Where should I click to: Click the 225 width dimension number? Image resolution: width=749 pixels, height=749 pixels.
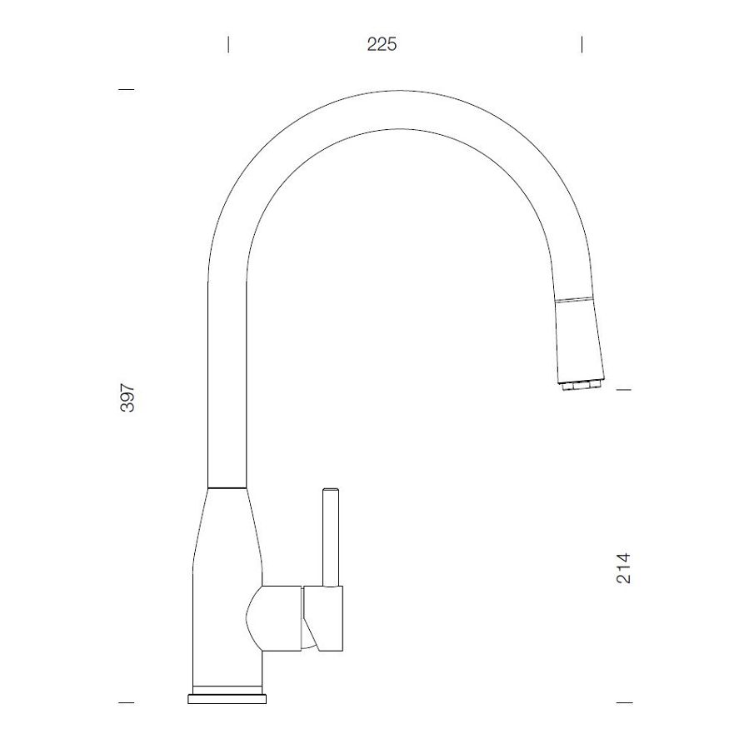pyautogui.click(x=382, y=44)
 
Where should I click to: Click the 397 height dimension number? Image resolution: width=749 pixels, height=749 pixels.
pyautogui.click(x=127, y=399)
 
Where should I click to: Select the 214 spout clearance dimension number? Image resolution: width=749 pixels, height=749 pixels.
pyautogui.click(x=623, y=567)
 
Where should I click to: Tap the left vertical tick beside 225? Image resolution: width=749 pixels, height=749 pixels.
pyautogui.click(x=228, y=44)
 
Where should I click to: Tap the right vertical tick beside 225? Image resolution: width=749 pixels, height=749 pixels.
pyautogui.click(x=582, y=44)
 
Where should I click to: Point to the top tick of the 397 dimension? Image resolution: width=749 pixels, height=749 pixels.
pyautogui.click(x=127, y=89)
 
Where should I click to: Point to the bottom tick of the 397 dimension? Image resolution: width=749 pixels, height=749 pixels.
pyautogui.click(x=127, y=703)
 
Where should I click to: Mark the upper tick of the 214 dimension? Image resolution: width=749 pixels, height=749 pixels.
pyautogui.click(x=623, y=389)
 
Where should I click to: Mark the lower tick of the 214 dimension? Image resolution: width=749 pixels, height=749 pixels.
pyautogui.click(x=623, y=703)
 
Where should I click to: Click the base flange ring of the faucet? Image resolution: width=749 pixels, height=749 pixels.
pyautogui.click(x=227, y=697)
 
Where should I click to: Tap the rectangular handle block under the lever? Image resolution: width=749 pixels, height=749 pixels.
pyautogui.click(x=324, y=617)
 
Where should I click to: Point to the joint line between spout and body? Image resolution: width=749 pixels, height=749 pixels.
pyautogui.click(x=227, y=485)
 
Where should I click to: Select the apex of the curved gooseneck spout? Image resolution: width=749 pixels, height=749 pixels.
pyautogui.click(x=400, y=107)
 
